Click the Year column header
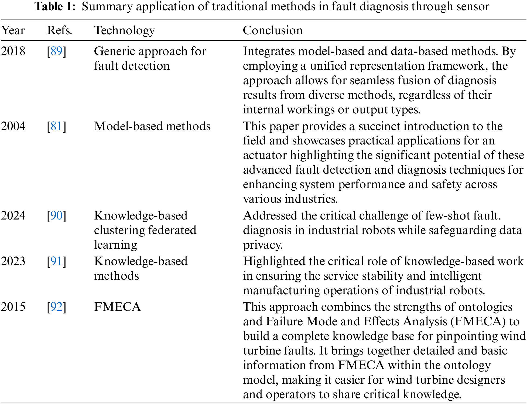click(x=13, y=31)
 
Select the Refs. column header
click(x=60, y=31)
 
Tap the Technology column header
click(x=124, y=31)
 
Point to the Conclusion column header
click(x=273, y=31)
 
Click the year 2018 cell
click(x=13, y=51)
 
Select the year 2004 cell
click(x=13, y=126)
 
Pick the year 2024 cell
click(x=13, y=216)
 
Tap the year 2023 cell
click(x=13, y=261)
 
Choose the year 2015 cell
click(x=13, y=307)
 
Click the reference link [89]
click(x=57, y=51)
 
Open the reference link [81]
click(x=57, y=126)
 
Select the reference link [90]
click(x=57, y=216)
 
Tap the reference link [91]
click(x=57, y=261)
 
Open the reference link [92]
click(x=57, y=307)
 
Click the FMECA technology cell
click(x=117, y=307)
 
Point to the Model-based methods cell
click(x=152, y=126)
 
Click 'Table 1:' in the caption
click(x=55, y=6)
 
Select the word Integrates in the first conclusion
click(x=269, y=51)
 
